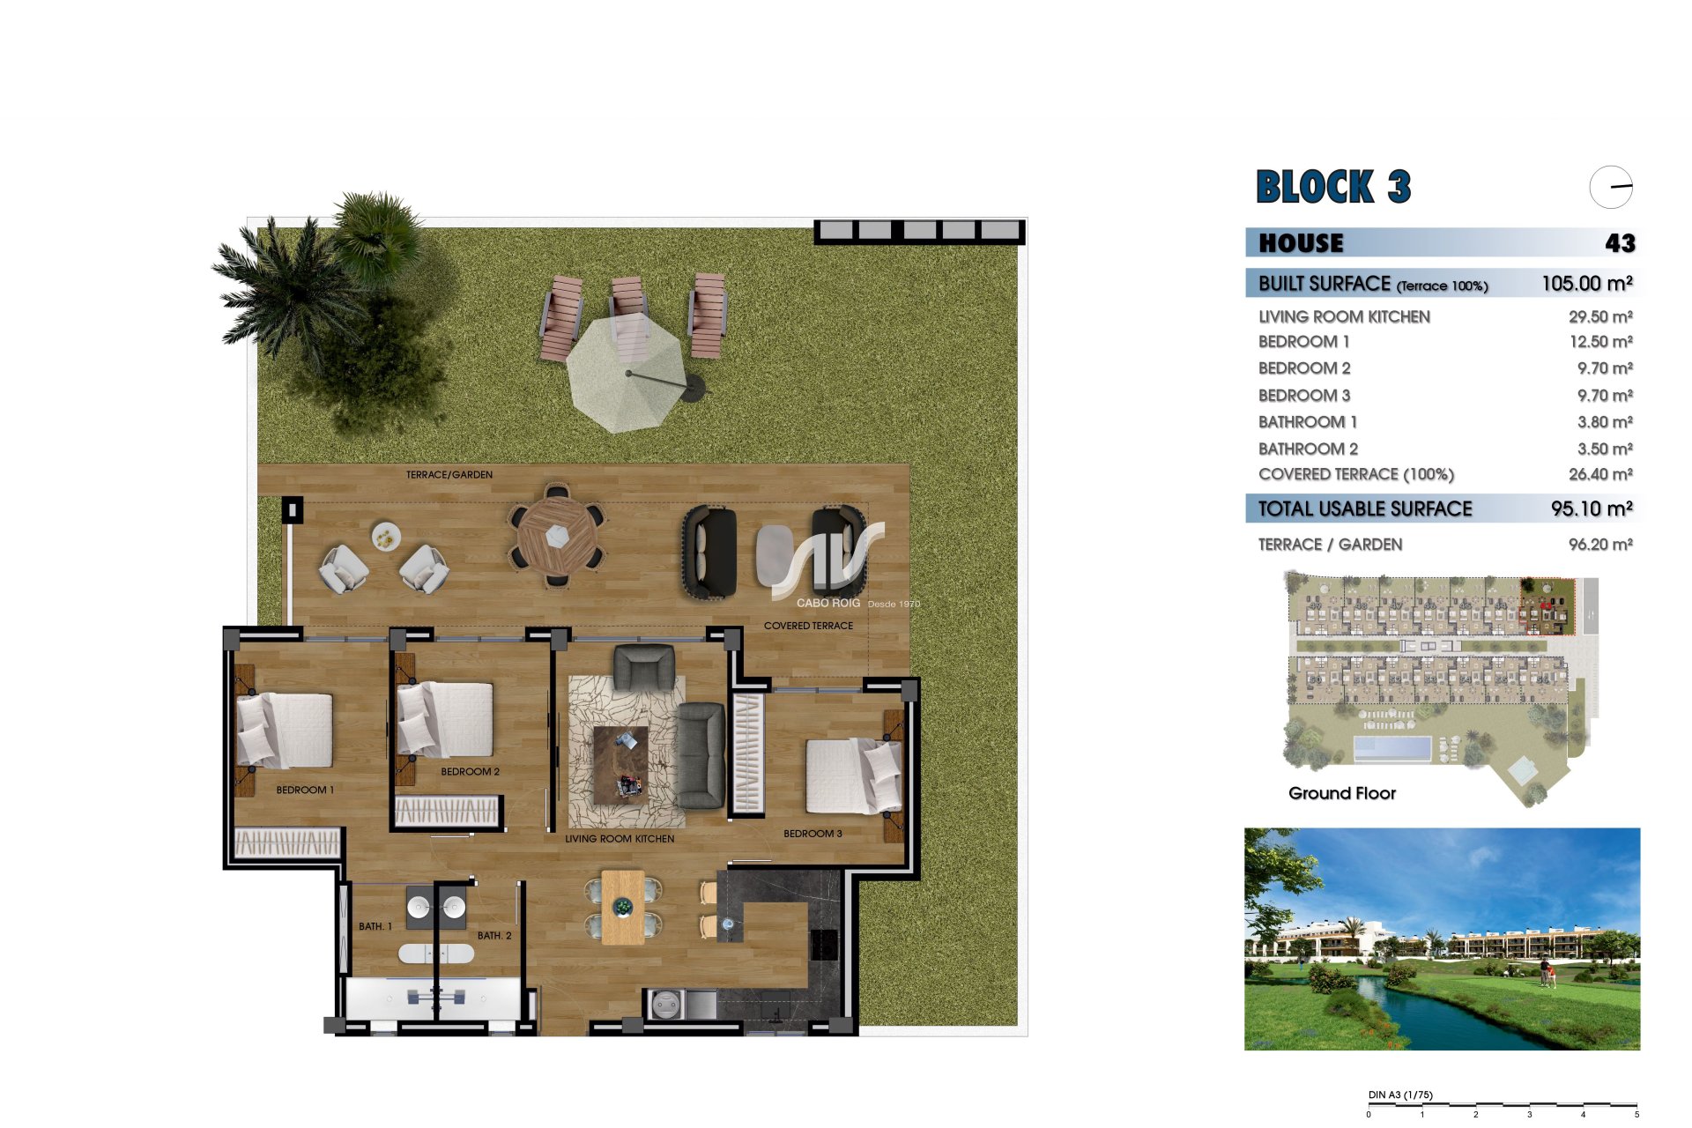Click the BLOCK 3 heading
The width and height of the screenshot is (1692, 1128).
click(1333, 187)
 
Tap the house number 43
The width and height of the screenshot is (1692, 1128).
click(1621, 243)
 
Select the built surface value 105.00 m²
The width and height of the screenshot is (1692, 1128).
click(1587, 284)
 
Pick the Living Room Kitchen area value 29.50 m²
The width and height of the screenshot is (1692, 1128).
click(1600, 316)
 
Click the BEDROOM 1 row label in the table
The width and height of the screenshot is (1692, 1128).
click(1303, 342)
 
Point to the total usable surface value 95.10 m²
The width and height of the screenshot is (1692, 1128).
click(1592, 508)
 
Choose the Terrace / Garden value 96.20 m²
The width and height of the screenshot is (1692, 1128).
click(1600, 545)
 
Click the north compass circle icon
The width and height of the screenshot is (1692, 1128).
click(1611, 187)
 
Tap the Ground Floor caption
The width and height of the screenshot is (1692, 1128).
click(1342, 793)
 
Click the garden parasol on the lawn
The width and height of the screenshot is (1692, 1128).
click(627, 373)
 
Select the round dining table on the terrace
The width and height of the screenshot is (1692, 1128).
click(557, 535)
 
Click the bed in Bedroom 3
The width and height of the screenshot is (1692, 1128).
click(854, 775)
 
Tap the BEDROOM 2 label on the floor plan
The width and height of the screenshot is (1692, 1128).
click(470, 772)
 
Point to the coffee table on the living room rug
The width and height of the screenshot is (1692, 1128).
click(620, 765)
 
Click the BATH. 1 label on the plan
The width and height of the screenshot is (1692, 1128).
click(375, 926)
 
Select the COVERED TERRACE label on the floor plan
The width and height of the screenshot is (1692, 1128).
click(808, 626)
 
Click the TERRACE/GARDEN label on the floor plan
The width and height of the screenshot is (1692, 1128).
click(449, 475)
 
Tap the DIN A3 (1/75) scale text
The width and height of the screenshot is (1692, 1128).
click(1400, 1095)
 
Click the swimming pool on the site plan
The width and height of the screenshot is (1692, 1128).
click(1391, 749)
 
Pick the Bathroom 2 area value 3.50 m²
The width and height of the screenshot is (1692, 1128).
click(1605, 449)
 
